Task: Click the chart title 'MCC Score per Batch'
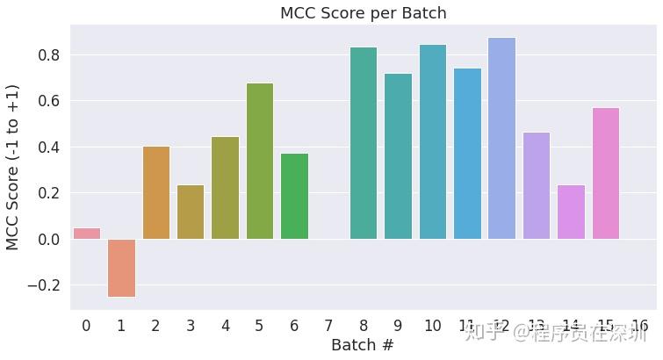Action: [x=363, y=13]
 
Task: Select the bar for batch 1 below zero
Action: [x=121, y=268]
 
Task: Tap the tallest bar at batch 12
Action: [x=501, y=138]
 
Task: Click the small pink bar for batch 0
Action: [x=86, y=234]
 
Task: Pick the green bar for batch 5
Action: [x=260, y=161]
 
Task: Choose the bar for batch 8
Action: [x=363, y=143]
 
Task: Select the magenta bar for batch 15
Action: [x=605, y=173]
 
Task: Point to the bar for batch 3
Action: [x=191, y=212]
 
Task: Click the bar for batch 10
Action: [x=432, y=141]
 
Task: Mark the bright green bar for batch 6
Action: [x=294, y=196]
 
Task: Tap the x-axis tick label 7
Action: [x=328, y=326]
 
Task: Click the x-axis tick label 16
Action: [x=639, y=326]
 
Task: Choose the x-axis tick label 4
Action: [x=225, y=326]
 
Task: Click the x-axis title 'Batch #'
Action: [x=362, y=346]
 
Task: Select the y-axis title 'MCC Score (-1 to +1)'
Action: [x=13, y=167]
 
